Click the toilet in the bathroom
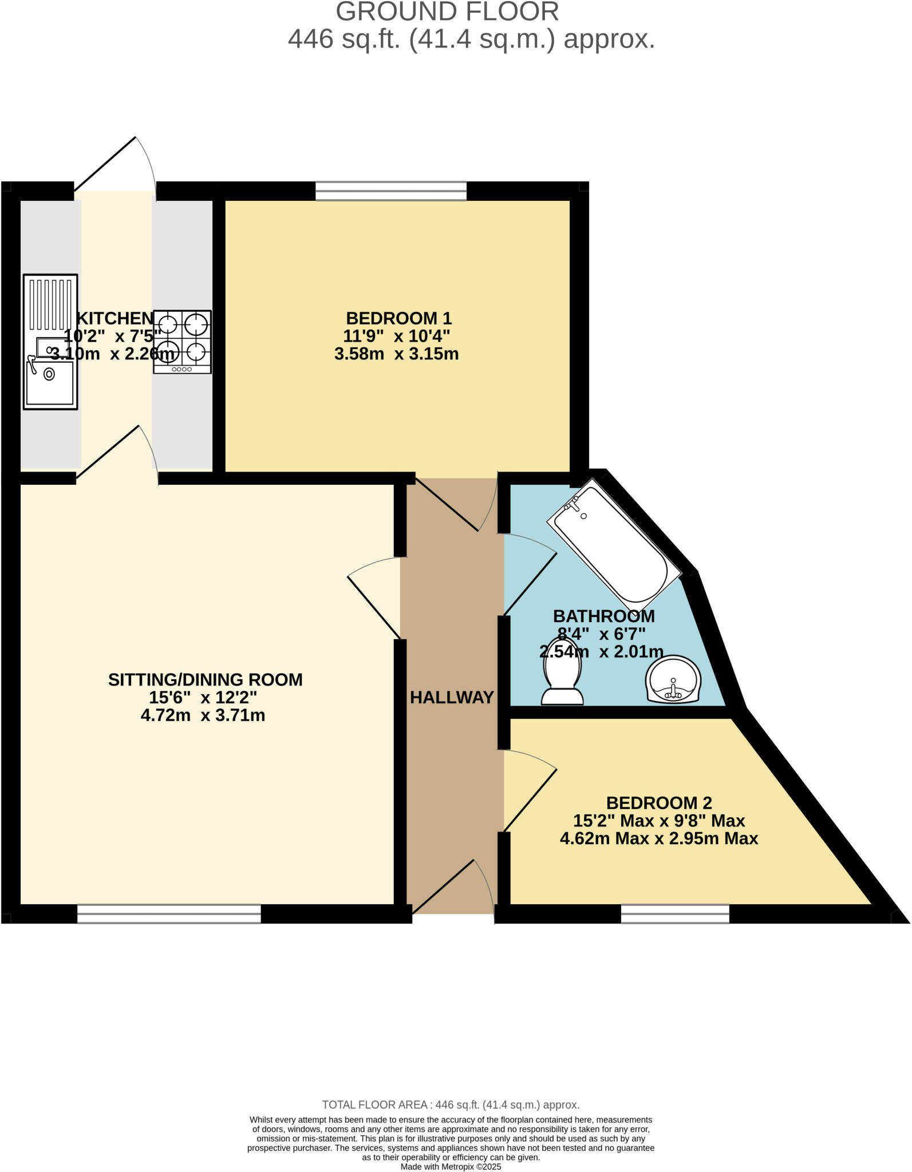point(563,679)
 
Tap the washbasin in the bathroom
point(673,679)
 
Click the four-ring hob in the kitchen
point(182,342)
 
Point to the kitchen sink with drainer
point(50,342)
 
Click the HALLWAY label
point(452,697)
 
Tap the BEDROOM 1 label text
point(398,318)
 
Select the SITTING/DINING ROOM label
point(205,679)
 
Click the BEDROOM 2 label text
point(659,803)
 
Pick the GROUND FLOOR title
point(447,11)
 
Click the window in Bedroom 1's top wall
point(391,191)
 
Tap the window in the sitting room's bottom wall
point(169,913)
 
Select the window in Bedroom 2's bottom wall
point(675,913)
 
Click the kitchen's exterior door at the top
point(115,166)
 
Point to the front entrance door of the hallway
point(452,888)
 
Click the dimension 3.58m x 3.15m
point(396,354)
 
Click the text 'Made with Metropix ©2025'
point(451,1166)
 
